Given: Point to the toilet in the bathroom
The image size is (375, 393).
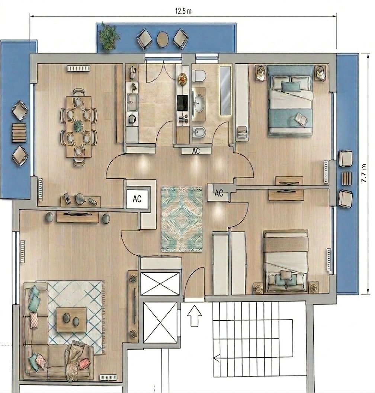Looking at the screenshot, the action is click(x=199, y=75).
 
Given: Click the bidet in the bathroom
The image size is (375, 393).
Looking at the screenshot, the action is click(x=199, y=132).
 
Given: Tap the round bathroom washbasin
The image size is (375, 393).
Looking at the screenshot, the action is click(x=200, y=103).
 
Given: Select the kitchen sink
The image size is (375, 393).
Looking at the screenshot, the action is click(x=132, y=102).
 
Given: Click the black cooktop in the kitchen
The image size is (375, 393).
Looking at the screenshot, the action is click(x=183, y=103).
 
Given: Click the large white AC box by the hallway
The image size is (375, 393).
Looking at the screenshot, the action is click(x=137, y=199).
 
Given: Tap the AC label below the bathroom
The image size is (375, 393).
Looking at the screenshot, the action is click(x=196, y=151).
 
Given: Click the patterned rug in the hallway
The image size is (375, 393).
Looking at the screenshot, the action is click(x=182, y=219).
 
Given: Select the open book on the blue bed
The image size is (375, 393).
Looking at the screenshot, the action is click(x=301, y=118).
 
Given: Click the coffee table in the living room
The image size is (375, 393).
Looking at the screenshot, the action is click(x=71, y=320).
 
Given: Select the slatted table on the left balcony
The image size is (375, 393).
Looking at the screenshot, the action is click(x=19, y=133).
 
